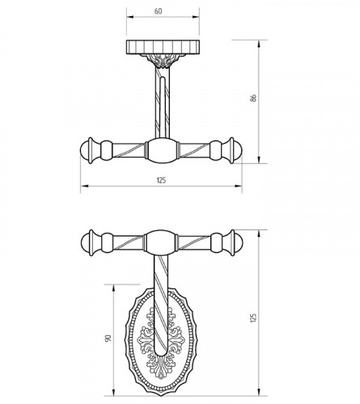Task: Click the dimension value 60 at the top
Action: pyautogui.click(x=159, y=11)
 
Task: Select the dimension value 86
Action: pyautogui.click(x=253, y=98)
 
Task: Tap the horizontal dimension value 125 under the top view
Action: pyautogui.click(x=161, y=180)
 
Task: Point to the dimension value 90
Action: pyautogui.click(x=108, y=339)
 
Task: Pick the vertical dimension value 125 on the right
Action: pyautogui.click(x=253, y=318)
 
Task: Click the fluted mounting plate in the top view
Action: pyautogui.click(x=163, y=47)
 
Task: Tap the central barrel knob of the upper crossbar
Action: pyautogui.click(x=162, y=150)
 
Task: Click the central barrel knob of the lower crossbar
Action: pyautogui.click(x=161, y=242)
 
